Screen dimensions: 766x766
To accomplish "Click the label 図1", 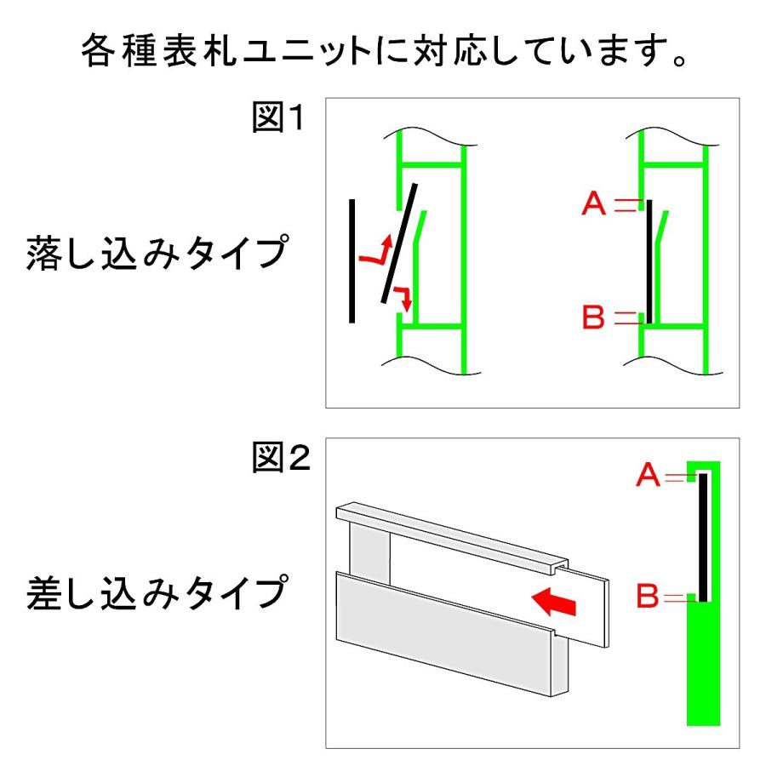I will pyautogui.click(x=277, y=117).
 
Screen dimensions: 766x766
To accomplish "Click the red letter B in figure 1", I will pyautogui.click(x=593, y=319).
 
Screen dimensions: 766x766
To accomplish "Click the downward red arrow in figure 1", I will pyautogui.click(x=403, y=299).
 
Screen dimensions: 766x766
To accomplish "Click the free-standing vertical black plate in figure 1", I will pyautogui.click(x=352, y=261).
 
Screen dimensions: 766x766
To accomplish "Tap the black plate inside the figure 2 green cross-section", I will pyautogui.click(x=704, y=536).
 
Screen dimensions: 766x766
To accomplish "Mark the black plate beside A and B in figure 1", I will pyautogui.click(x=649, y=261).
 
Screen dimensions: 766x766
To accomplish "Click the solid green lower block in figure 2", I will pyautogui.click(x=703, y=664).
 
